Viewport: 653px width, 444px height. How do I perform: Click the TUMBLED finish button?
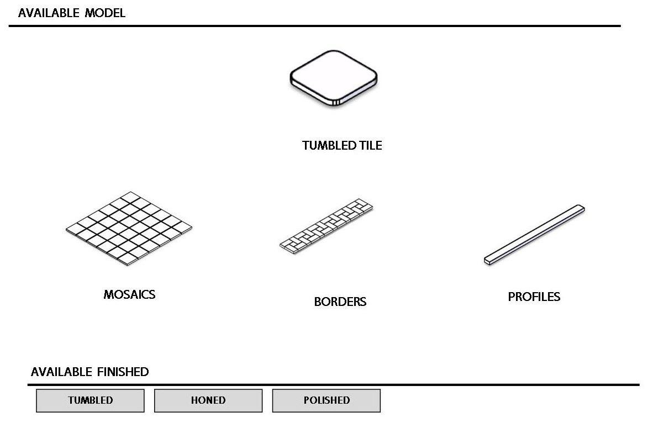pyautogui.click(x=90, y=400)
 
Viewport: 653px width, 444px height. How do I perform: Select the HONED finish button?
pyautogui.click(x=208, y=400)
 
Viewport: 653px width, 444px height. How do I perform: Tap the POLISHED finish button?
pyautogui.click(x=326, y=400)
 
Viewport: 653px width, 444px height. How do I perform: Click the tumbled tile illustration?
pyautogui.click(x=334, y=78)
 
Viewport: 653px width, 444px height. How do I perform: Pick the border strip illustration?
pyautogui.click(x=326, y=226)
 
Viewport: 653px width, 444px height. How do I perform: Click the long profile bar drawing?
pyautogui.click(x=534, y=235)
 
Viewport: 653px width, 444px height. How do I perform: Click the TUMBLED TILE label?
pyautogui.click(x=342, y=146)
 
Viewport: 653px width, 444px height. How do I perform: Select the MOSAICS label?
pyautogui.click(x=129, y=295)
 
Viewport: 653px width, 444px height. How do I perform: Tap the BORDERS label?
pyautogui.click(x=340, y=302)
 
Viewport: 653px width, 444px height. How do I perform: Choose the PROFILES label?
pyautogui.click(x=534, y=297)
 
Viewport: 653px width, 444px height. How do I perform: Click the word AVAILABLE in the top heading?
pyautogui.click(x=49, y=13)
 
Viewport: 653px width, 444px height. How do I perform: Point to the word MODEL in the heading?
pyautogui.click(x=105, y=13)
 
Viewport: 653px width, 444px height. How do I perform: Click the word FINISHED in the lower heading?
pyautogui.click(x=122, y=372)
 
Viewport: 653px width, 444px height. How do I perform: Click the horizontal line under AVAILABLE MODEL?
pyautogui.click(x=315, y=26)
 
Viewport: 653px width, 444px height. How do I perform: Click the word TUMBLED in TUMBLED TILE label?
pyautogui.click(x=329, y=146)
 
